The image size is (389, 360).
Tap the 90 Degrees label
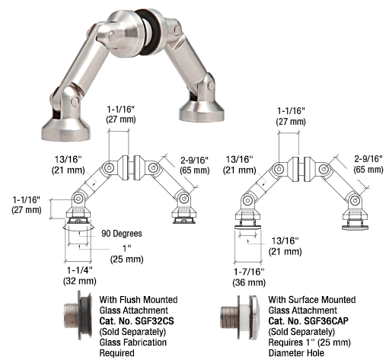tap(122, 234)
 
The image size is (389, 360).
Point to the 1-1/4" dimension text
tap(79, 270)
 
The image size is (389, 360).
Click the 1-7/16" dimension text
tap(249, 272)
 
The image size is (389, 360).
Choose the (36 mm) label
tap(249, 282)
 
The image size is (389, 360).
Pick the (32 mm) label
tap(79, 281)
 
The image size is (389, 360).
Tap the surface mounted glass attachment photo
tap(240, 317)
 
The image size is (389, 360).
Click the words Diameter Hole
tap(296, 353)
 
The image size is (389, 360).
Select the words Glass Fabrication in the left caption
tap(133, 342)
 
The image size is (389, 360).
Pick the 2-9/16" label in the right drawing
tap(368, 159)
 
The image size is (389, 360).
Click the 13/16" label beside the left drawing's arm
tap(69, 159)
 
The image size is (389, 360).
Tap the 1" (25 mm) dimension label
tap(126, 253)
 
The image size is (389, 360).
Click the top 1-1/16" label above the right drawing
tap(291, 110)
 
